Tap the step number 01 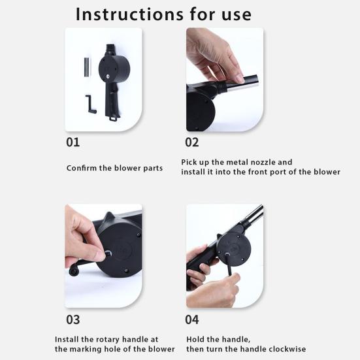pos(73,142)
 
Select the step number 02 pos(192,142)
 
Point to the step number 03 pos(73,319)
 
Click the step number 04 pos(192,319)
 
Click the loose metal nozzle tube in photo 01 pos(88,67)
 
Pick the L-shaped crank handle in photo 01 pos(90,104)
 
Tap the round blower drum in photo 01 pos(114,69)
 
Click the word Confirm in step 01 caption pos(81,168)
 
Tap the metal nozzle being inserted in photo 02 pos(242,82)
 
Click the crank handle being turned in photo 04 pos(230,264)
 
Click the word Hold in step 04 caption pos(195,339)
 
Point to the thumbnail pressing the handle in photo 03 pos(101,254)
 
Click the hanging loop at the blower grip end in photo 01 pos(112,119)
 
